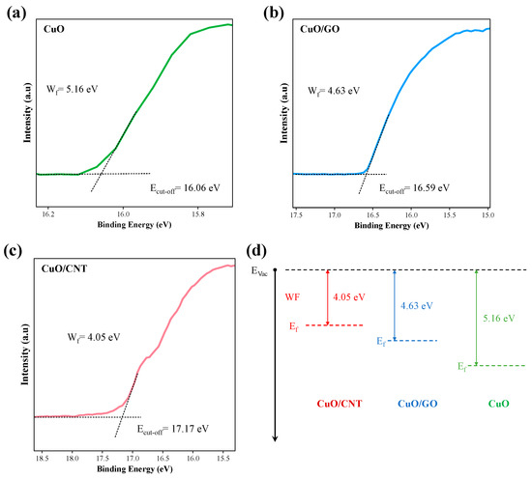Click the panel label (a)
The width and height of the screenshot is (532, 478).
(16, 14)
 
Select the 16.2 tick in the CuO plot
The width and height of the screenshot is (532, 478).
(48, 214)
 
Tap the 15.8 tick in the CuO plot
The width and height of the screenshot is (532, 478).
(198, 214)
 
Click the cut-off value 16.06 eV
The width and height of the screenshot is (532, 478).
(185, 188)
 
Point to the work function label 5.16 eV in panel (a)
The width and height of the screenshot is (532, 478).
(73, 90)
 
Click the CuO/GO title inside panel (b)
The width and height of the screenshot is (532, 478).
(320, 29)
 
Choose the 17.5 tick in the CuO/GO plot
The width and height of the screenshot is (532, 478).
(297, 214)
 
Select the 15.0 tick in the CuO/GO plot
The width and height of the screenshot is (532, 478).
(488, 214)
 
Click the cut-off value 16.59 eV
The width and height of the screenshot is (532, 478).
(414, 188)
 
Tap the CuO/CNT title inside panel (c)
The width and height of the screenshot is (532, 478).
(64, 268)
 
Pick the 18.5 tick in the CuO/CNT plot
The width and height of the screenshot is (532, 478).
(42, 459)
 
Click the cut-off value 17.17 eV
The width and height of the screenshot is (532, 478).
(173, 430)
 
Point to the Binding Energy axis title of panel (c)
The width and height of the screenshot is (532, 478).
(134, 469)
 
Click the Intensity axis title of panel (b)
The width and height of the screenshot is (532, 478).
(284, 113)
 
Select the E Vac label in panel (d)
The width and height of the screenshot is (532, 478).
(259, 271)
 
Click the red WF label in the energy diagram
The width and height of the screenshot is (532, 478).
(292, 297)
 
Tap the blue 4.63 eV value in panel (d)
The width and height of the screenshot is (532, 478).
(417, 305)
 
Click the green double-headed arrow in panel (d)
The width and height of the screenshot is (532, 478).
(476, 318)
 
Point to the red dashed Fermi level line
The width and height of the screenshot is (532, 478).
(335, 325)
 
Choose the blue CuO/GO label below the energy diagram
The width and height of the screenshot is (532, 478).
(417, 404)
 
